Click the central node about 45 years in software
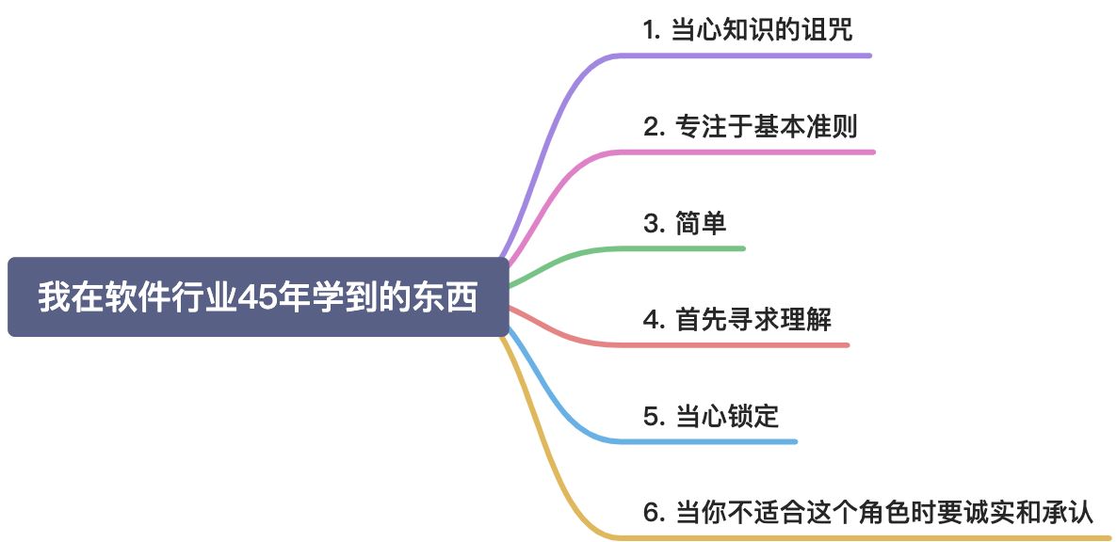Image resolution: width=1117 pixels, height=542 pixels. [257, 297]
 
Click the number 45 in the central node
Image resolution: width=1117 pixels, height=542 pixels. [254, 298]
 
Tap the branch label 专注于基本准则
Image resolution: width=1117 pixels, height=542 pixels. [751, 126]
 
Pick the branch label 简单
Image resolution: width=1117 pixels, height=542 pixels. [685, 224]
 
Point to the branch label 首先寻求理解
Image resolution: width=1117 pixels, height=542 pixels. [737, 320]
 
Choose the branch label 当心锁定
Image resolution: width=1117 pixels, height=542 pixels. [711, 416]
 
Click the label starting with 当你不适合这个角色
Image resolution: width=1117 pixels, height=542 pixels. [867, 513]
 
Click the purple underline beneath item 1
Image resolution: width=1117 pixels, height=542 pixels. [753, 56]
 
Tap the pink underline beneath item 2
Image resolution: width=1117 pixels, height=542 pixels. [753, 151]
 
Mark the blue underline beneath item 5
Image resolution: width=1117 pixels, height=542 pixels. [716, 441]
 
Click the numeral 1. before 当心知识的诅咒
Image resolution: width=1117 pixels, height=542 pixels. [651, 30]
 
